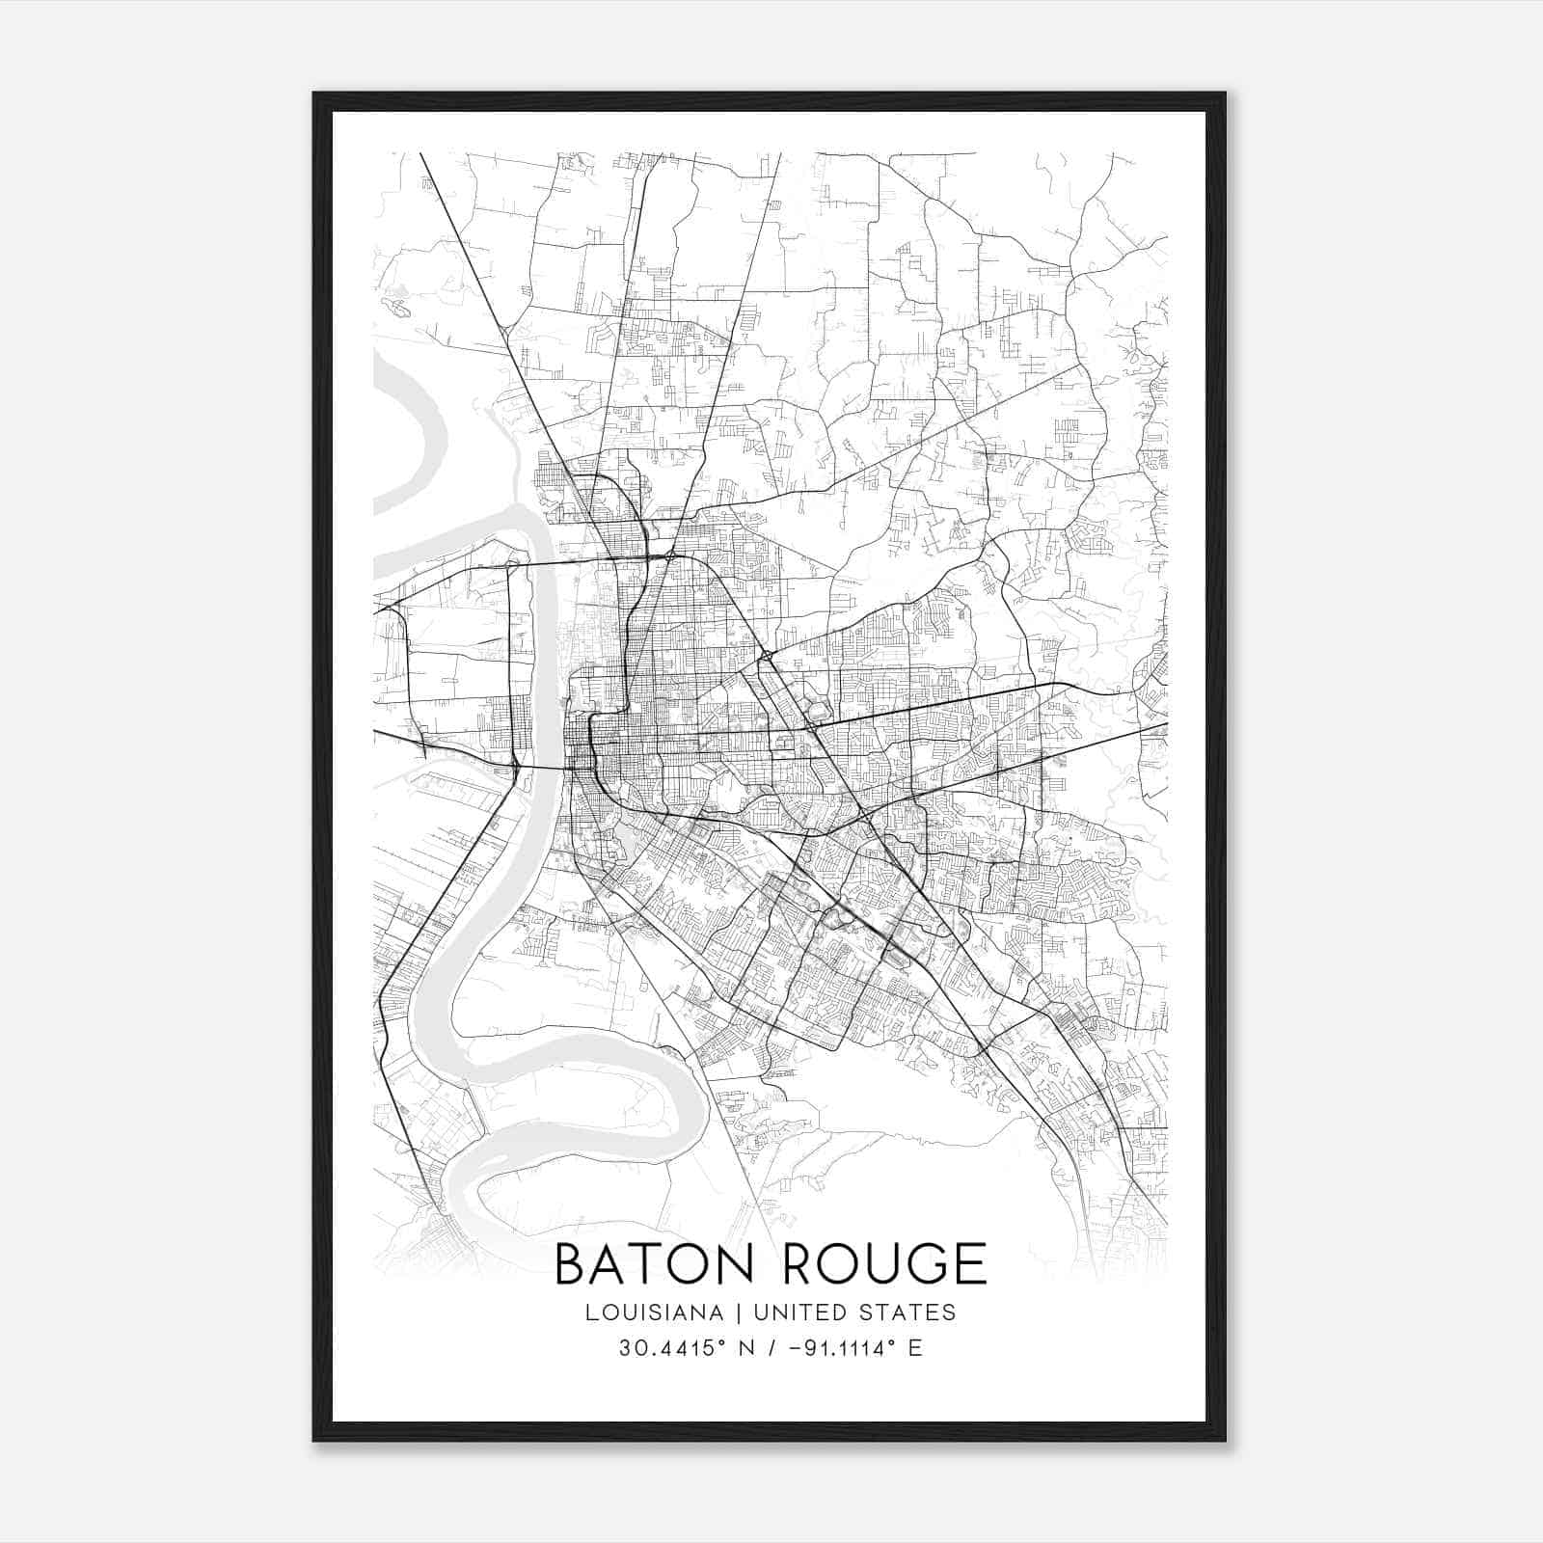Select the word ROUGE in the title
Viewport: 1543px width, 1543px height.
(883, 1264)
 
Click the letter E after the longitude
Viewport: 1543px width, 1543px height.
(915, 1348)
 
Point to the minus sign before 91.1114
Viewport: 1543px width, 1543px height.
(795, 1348)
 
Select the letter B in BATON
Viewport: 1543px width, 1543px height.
(571, 1264)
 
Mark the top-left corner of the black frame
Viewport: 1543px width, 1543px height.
(314, 95)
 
